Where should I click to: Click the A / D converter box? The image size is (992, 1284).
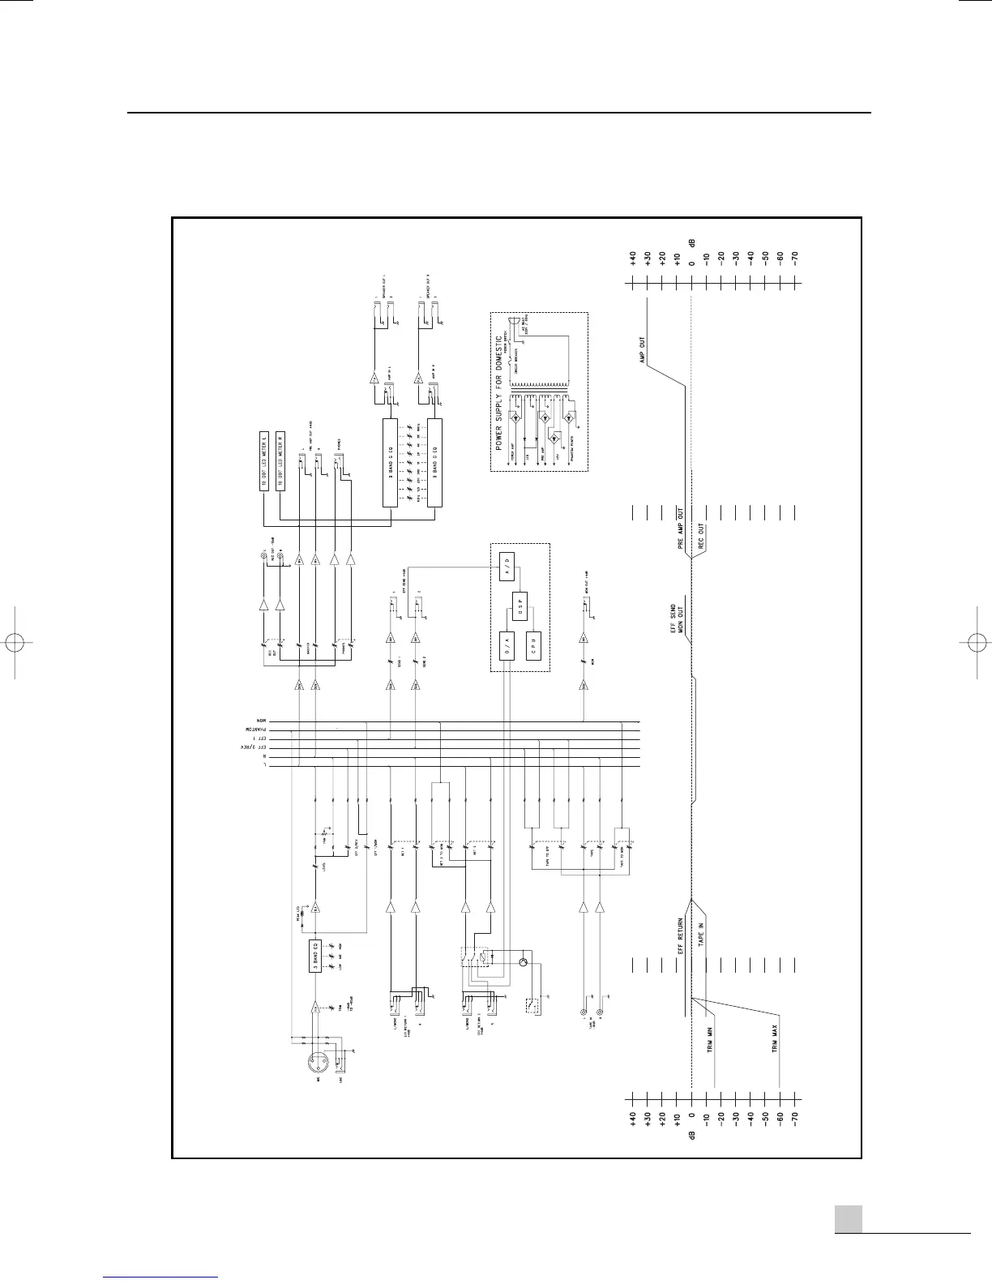point(505,564)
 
